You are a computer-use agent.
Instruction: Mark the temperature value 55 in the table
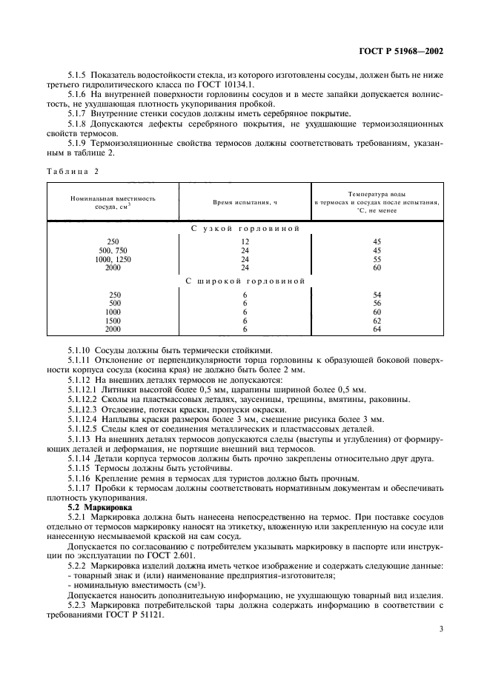[x=377, y=259]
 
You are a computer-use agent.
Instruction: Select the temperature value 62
[x=377, y=321]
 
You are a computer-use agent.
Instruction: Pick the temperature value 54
[x=377, y=295]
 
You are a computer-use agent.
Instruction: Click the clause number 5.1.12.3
[x=84, y=409]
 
